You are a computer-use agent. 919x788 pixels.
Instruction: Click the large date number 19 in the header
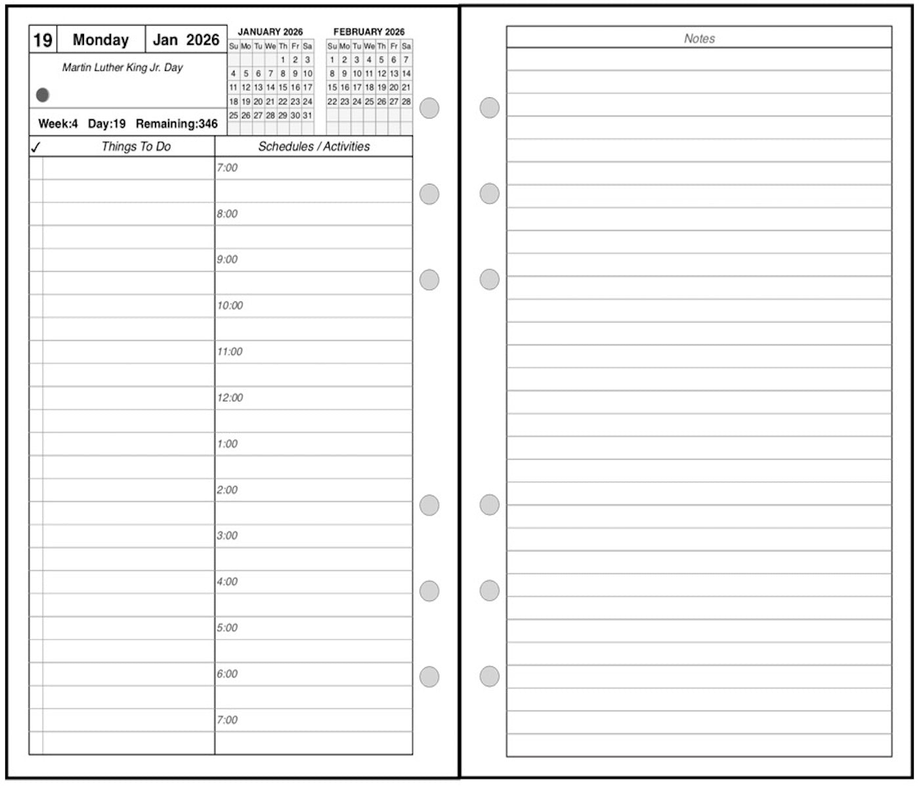pos(43,40)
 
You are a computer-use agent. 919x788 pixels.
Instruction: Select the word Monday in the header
pos(100,40)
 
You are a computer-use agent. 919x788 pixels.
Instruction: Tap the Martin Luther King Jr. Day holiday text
pos(122,68)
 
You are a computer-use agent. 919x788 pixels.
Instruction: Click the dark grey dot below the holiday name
pos(43,95)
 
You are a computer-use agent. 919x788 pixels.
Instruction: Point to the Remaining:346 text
pos(177,123)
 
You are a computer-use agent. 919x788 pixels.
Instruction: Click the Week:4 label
pos(58,123)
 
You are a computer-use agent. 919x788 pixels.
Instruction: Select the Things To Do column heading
pos(136,146)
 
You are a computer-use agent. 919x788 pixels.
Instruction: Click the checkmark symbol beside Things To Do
pos(35,147)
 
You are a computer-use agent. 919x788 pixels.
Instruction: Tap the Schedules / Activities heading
pos(314,146)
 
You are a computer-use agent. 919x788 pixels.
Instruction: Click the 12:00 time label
pos(230,398)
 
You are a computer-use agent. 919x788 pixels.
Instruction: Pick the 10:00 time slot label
pos(230,306)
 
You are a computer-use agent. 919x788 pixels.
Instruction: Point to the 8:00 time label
pos(227,214)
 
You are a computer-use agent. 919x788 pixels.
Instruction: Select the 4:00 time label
pos(227,582)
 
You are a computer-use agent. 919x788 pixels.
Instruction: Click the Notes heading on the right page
pos(699,39)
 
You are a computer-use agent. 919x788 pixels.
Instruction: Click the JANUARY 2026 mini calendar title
pos(270,32)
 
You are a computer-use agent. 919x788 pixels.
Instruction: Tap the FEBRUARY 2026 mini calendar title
pos(369,32)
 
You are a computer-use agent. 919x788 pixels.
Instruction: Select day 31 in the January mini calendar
pos(307,116)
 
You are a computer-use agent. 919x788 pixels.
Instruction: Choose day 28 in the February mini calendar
pos(406,102)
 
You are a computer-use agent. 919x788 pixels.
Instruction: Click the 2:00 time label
pos(227,490)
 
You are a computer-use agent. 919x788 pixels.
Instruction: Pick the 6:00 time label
pos(227,674)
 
